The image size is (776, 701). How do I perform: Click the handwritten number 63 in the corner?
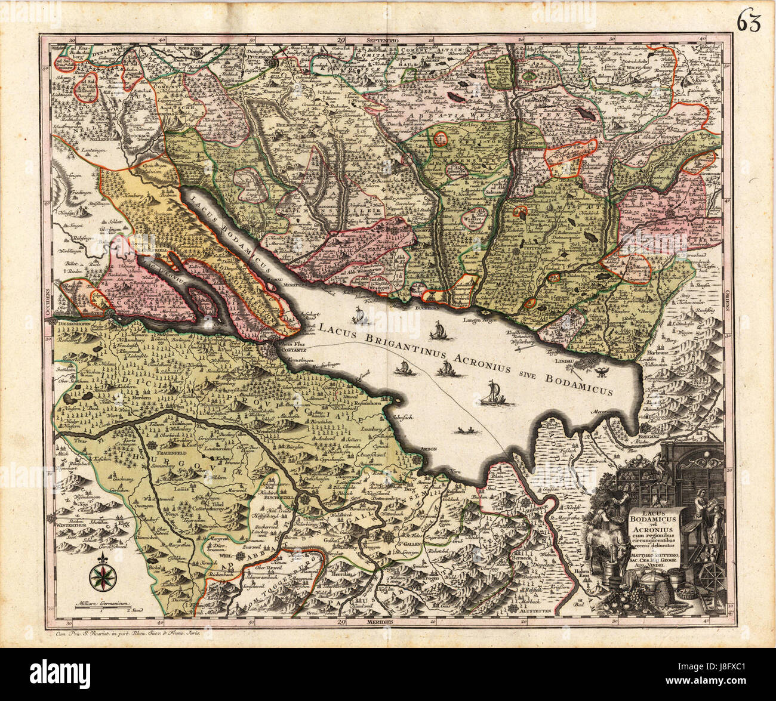(747, 23)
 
